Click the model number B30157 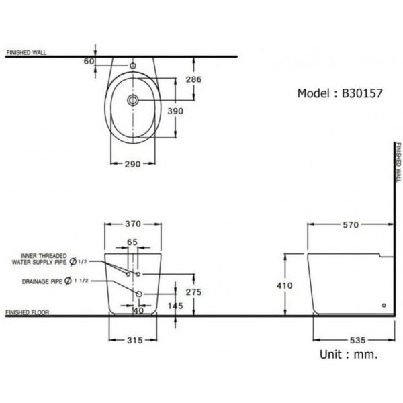(362, 94)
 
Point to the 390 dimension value (193, 111)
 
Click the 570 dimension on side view (351, 225)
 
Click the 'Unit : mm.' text (349, 353)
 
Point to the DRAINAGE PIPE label (42, 281)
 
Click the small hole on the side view (384, 306)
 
